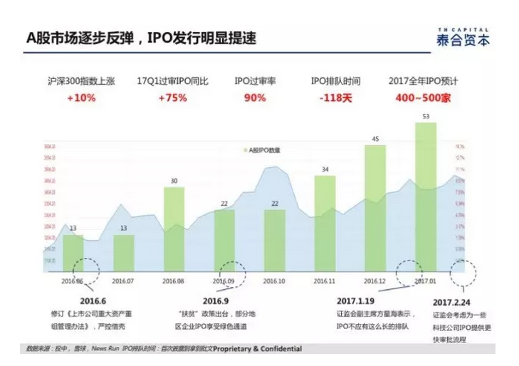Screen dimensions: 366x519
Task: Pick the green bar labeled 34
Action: [x=325, y=224]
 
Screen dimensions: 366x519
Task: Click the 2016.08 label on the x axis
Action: [x=174, y=281]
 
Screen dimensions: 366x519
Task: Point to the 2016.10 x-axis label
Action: [x=274, y=281]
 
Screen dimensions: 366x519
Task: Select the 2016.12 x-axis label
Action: [x=374, y=281]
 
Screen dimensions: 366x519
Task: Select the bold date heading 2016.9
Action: [x=214, y=300]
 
